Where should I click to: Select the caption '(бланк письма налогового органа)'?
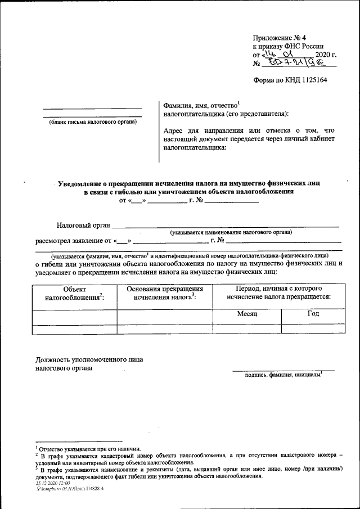tap(92, 121)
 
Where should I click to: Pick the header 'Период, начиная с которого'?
tap(278, 288)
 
